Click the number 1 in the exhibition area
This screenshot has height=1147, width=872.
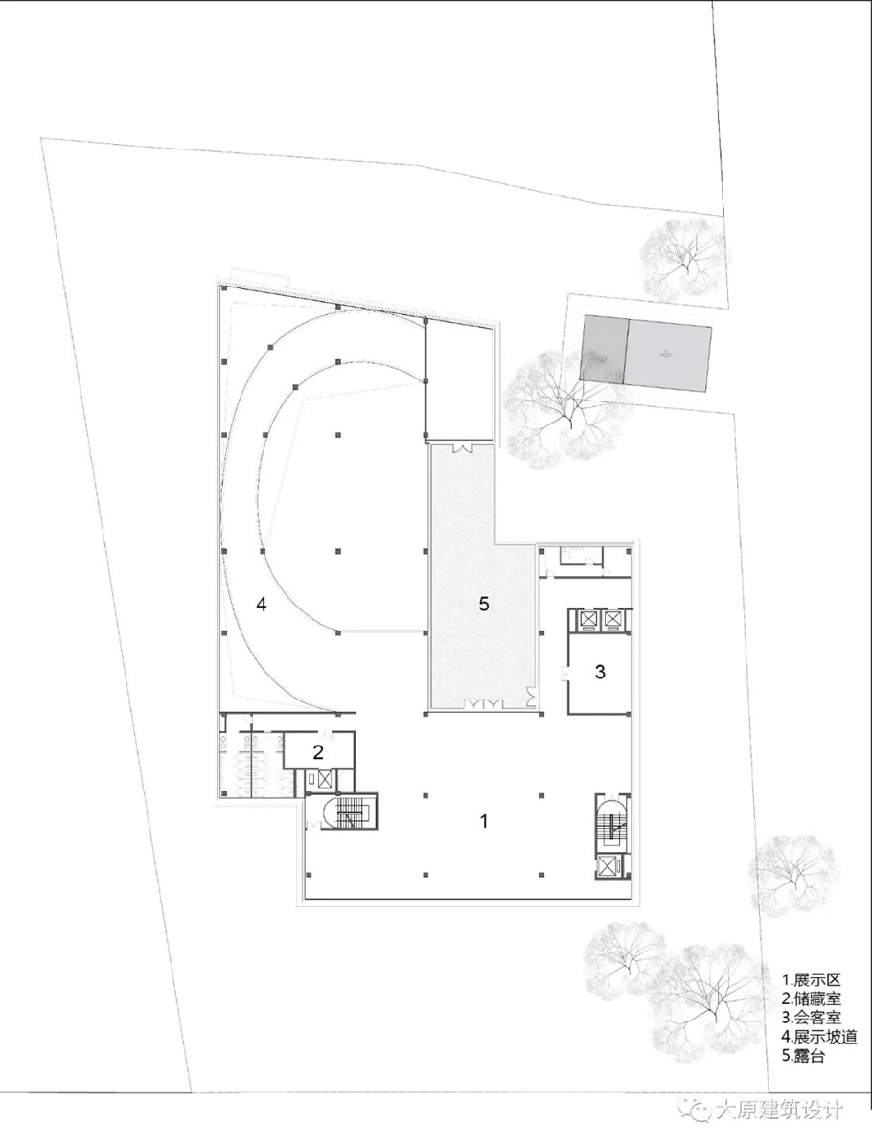(x=483, y=821)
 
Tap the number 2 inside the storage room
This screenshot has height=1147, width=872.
(x=318, y=751)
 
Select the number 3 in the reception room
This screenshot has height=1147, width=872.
(x=600, y=671)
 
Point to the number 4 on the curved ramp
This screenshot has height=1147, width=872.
(x=262, y=605)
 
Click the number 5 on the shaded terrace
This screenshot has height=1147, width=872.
(x=483, y=604)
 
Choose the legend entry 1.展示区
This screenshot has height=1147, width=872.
(x=812, y=978)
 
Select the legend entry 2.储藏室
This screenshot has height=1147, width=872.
(x=812, y=998)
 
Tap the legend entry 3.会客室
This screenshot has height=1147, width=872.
(x=812, y=1018)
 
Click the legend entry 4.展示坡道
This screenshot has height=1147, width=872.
(x=819, y=1037)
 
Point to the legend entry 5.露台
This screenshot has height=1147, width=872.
(x=804, y=1056)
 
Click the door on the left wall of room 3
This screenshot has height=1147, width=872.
(x=564, y=672)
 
